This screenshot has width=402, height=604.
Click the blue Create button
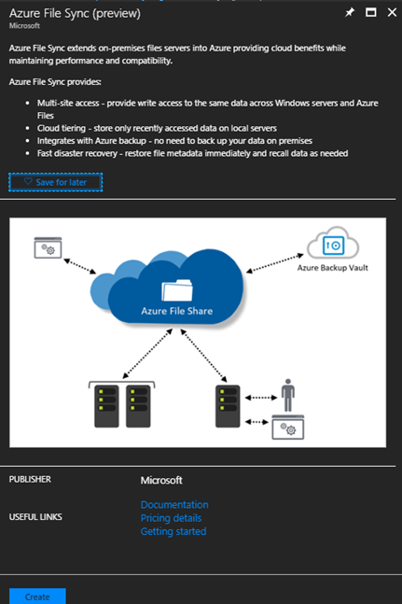[x=37, y=597]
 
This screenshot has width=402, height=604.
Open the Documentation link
[x=174, y=505]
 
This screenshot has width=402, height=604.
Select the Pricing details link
[x=171, y=518]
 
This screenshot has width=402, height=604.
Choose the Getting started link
[x=173, y=531]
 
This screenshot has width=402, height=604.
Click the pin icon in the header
[x=349, y=13]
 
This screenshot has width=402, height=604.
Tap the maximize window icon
[x=371, y=13]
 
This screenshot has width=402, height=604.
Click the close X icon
[x=392, y=13]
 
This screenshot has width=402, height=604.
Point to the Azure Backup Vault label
[x=333, y=268]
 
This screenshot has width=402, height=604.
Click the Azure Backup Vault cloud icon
[x=333, y=243]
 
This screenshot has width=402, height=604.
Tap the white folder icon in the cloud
[x=177, y=290]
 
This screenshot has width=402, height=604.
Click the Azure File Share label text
[x=177, y=311]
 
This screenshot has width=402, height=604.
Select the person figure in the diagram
[x=288, y=395]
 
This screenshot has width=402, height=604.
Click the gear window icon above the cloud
[x=49, y=247]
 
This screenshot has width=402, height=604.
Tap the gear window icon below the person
[x=288, y=428]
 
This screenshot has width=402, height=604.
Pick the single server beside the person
[x=228, y=406]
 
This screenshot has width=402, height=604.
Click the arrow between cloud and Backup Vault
[x=274, y=263]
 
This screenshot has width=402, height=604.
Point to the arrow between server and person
[x=261, y=398]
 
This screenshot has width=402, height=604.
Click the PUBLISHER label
[x=30, y=480]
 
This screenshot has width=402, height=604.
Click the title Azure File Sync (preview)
[x=75, y=13]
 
